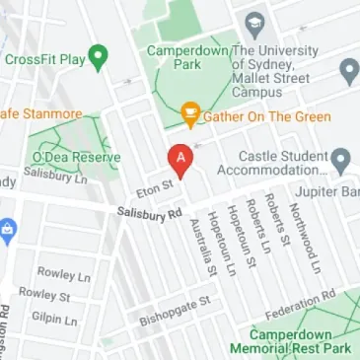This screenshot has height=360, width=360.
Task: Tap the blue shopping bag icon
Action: pos(9,231)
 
